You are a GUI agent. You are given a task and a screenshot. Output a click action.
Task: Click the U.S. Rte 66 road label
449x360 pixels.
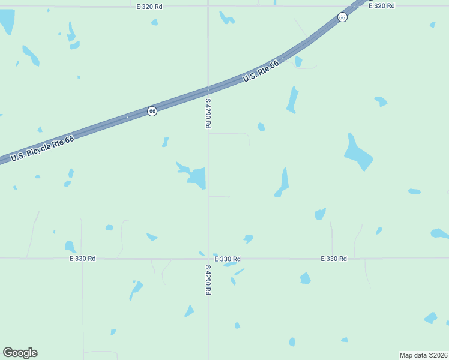coord(261,72)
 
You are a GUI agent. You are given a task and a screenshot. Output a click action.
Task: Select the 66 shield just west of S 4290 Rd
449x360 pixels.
coord(152,111)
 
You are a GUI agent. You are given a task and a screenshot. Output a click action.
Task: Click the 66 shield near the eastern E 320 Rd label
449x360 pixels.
coord(342,17)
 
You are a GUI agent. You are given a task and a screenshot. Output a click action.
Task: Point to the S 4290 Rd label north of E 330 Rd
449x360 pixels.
coord(208,113)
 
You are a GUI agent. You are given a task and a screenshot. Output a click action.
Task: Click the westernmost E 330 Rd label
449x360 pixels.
coord(82,259)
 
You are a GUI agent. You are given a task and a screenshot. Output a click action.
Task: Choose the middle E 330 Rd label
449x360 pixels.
coord(228,259)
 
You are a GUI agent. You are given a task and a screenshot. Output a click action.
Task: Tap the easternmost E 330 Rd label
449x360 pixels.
coord(334,259)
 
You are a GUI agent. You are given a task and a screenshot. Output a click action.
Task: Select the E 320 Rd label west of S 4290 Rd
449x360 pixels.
coord(149,6)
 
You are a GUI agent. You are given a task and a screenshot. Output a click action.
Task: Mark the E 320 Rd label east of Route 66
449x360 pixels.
coord(381,5)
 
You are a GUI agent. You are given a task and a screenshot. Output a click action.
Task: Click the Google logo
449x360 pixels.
coord(20,353)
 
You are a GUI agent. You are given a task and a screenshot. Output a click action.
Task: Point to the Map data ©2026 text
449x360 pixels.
coord(424,355)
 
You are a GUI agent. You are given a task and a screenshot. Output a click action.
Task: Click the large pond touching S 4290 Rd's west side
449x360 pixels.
coord(197,178)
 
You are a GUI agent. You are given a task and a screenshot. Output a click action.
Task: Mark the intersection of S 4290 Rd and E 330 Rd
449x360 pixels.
coord(208,259)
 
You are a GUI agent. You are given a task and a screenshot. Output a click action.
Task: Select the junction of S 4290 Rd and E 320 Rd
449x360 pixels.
coord(208,6)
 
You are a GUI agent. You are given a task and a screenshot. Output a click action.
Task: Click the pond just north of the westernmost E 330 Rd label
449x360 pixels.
coord(70,247)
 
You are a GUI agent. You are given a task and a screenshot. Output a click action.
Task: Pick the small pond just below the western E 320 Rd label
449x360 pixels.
coord(154,22)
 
